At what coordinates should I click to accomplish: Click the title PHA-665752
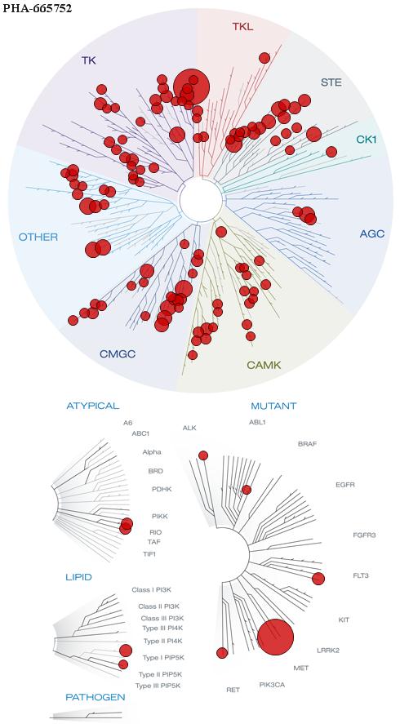38,9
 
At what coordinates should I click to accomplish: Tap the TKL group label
243,26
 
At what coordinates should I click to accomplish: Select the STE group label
331,82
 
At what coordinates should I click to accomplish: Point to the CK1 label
367,139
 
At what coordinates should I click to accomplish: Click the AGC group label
371,233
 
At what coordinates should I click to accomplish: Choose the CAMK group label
264,365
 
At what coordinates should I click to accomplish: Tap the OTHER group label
38,238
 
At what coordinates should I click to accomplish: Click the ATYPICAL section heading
93,406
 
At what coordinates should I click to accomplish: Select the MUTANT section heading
273,406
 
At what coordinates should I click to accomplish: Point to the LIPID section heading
78,577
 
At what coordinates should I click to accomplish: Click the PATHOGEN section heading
96,697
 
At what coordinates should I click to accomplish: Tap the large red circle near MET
276,637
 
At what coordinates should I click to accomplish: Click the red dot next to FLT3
318,579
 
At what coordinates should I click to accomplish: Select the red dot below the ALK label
203,455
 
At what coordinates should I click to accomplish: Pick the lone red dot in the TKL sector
264,58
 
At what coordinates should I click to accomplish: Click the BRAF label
307,444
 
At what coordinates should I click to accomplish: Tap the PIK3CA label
272,684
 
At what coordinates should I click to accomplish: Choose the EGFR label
345,485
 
